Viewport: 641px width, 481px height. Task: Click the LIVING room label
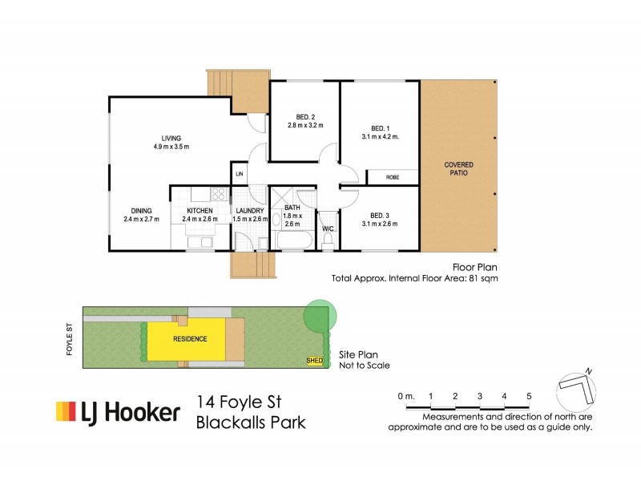click(170, 137)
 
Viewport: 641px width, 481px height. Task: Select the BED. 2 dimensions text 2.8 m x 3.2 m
click(304, 125)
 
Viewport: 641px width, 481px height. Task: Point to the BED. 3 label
click(380, 215)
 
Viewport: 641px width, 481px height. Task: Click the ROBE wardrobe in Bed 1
click(393, 177)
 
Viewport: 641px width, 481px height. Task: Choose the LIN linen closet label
click(239, 174)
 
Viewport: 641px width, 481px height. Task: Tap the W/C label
click(327, 228)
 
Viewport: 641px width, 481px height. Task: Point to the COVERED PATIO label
click(458, 168)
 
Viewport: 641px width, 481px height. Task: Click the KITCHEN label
click(200, 211)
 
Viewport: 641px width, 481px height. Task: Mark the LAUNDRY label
click(250, 211)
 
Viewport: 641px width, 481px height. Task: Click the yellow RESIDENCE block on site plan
click(190, 338)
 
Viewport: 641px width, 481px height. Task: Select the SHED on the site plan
click(315, 361)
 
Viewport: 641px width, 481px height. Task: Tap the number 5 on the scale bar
click(528, 397)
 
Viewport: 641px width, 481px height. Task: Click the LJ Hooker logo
click(117, 412)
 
